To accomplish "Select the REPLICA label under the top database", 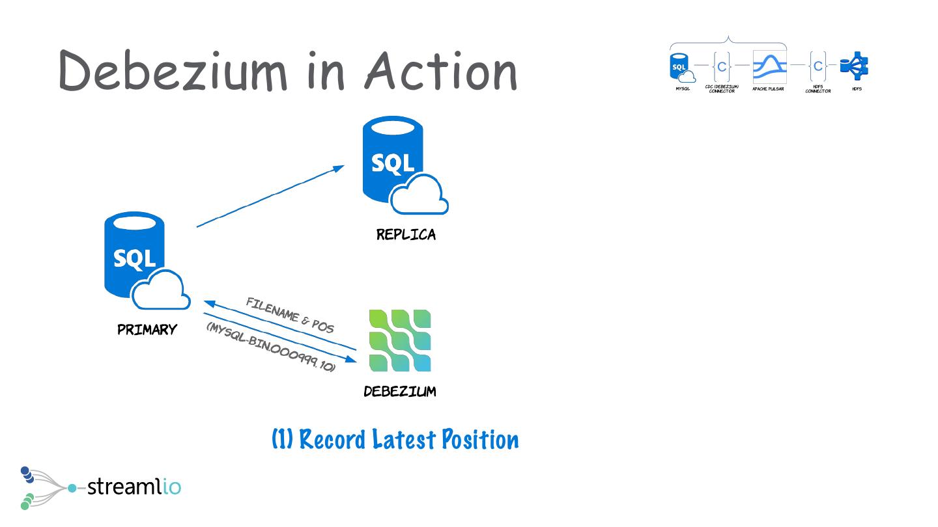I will (406, 235).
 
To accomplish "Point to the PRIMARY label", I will (147, 330).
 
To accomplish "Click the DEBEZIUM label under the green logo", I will (399, 392).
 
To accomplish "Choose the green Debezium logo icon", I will (399, 340).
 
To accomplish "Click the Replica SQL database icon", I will (401, 166).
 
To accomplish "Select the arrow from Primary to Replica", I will (270, 196).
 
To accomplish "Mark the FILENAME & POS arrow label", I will (290, 315).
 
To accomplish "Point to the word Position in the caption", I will (480, 440).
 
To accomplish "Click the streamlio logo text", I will (134, 486).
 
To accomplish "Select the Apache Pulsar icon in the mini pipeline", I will (769, 66).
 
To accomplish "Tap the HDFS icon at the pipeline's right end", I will (855, 66).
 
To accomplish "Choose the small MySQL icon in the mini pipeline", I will (681, 67).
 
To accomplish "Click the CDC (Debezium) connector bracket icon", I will (721, 66).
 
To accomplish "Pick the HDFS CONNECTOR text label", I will (817, 89).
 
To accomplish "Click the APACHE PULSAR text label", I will (769, 88).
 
